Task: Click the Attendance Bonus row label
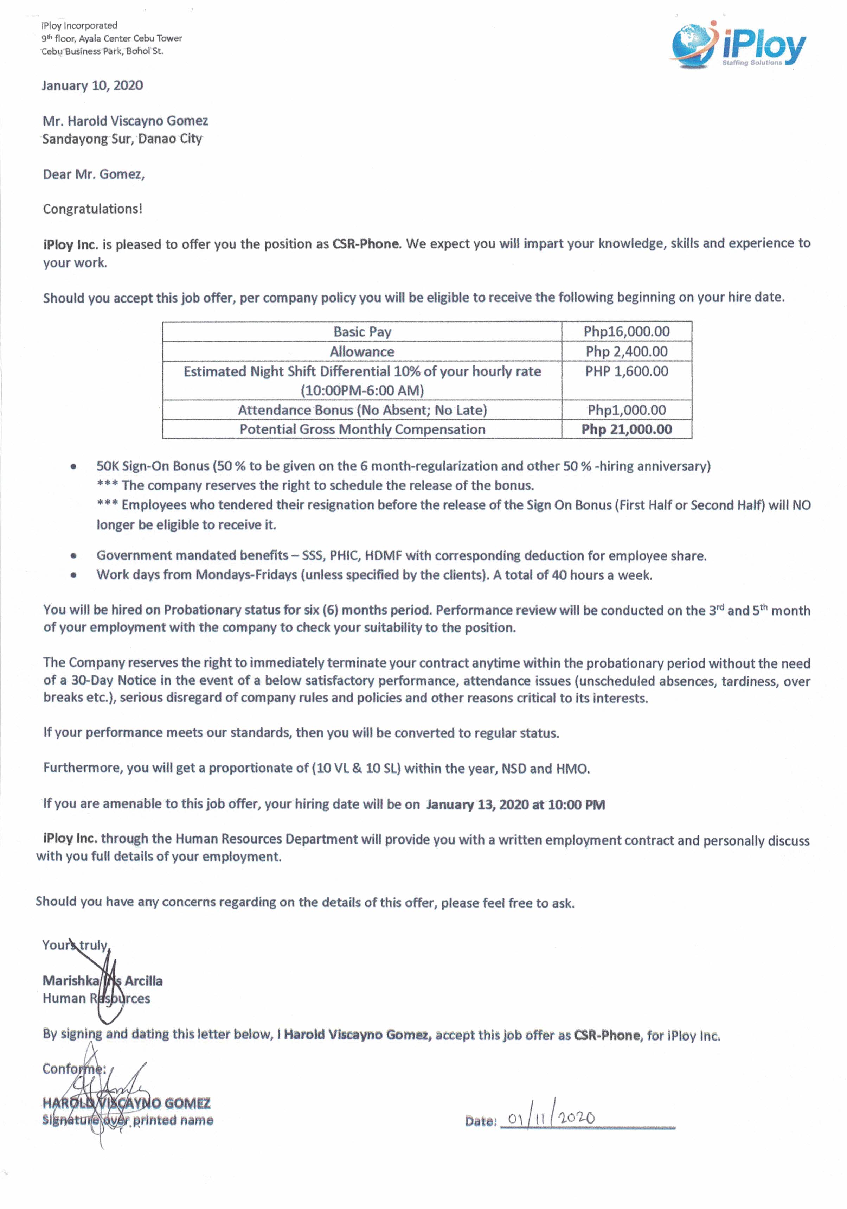coord(362,410)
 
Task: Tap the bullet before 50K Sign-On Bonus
coord(74,466)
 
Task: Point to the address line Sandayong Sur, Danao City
coord(122,139)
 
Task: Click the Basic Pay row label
coord(362,331)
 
